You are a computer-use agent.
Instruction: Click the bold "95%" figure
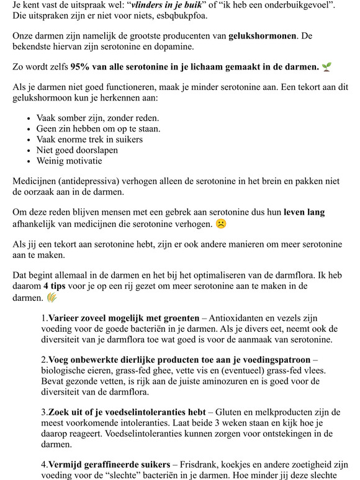(83, 66)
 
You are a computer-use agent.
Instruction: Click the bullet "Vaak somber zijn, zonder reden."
(89, 118)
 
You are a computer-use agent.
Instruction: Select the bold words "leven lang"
(304, 212)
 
